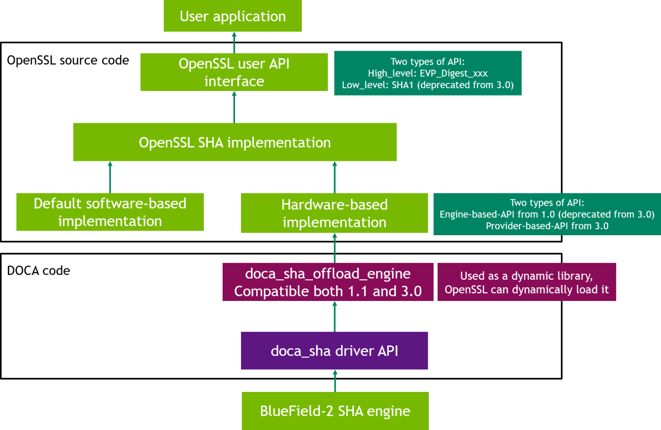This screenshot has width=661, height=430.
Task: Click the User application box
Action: click(x=233, y=16)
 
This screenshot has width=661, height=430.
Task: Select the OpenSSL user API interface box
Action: click(x=234, y=72)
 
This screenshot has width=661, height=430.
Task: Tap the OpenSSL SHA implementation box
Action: click(x=235, y=142)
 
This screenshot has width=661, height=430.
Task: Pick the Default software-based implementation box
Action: click(x=110, y=212)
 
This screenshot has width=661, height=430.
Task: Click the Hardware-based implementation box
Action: click(x=334, y=213)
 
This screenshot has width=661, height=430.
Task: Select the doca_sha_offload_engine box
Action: click(x=328, y=282)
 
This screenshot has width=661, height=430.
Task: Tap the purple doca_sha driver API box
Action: click(x=334, y=351)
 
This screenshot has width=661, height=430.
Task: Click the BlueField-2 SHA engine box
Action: click(x=335, y=411)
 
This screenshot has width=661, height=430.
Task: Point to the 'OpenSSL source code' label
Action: click(x=68, y=60)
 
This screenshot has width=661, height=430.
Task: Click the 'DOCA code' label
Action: click(x=39, y=271)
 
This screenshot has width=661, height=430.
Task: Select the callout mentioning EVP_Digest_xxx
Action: click(x=427, y=73)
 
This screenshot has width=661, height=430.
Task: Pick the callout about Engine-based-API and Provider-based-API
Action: click(x=547, y=214)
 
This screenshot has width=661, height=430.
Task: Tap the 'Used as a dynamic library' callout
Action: click(x=527, y=282)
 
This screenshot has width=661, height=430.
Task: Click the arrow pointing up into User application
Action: click(x=234, y=42)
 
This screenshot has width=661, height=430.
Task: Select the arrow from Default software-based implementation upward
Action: click(x=110, y=177)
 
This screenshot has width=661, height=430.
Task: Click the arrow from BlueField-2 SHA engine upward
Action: click(x=335, y=381)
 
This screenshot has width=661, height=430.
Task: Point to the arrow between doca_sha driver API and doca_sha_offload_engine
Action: click(x=335, y=317)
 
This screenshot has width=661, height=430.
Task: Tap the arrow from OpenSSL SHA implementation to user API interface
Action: click(x=234, y=107)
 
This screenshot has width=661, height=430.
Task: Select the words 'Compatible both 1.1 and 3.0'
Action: click(x=328, y=291)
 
